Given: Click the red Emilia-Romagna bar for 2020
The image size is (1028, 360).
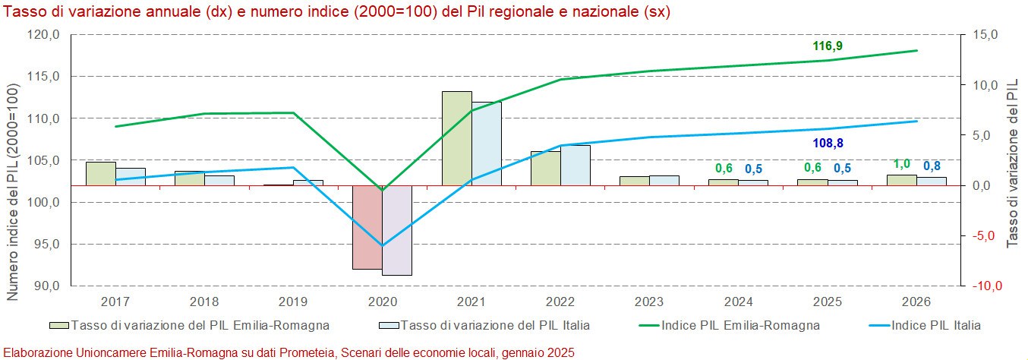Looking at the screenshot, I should [367, 227].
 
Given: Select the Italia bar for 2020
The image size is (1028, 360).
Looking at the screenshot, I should [396, 230].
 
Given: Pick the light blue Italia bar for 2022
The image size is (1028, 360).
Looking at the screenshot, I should [575, 165].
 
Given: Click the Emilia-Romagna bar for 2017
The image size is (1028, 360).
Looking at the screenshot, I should [100, 173].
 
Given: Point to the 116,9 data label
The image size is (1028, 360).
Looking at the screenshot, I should [828, 46].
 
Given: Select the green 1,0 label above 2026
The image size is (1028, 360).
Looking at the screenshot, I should [901, 164].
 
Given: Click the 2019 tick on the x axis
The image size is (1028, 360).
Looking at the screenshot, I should [292, 301].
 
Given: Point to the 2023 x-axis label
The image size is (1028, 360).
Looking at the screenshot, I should [648, 301].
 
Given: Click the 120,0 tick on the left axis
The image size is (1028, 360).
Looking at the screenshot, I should [44, 35].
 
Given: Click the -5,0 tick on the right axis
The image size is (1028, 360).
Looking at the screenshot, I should [983, 235].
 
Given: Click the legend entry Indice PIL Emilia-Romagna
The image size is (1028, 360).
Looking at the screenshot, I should [740, 325].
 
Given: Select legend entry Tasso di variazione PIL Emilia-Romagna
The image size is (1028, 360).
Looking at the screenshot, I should [200, 325].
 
